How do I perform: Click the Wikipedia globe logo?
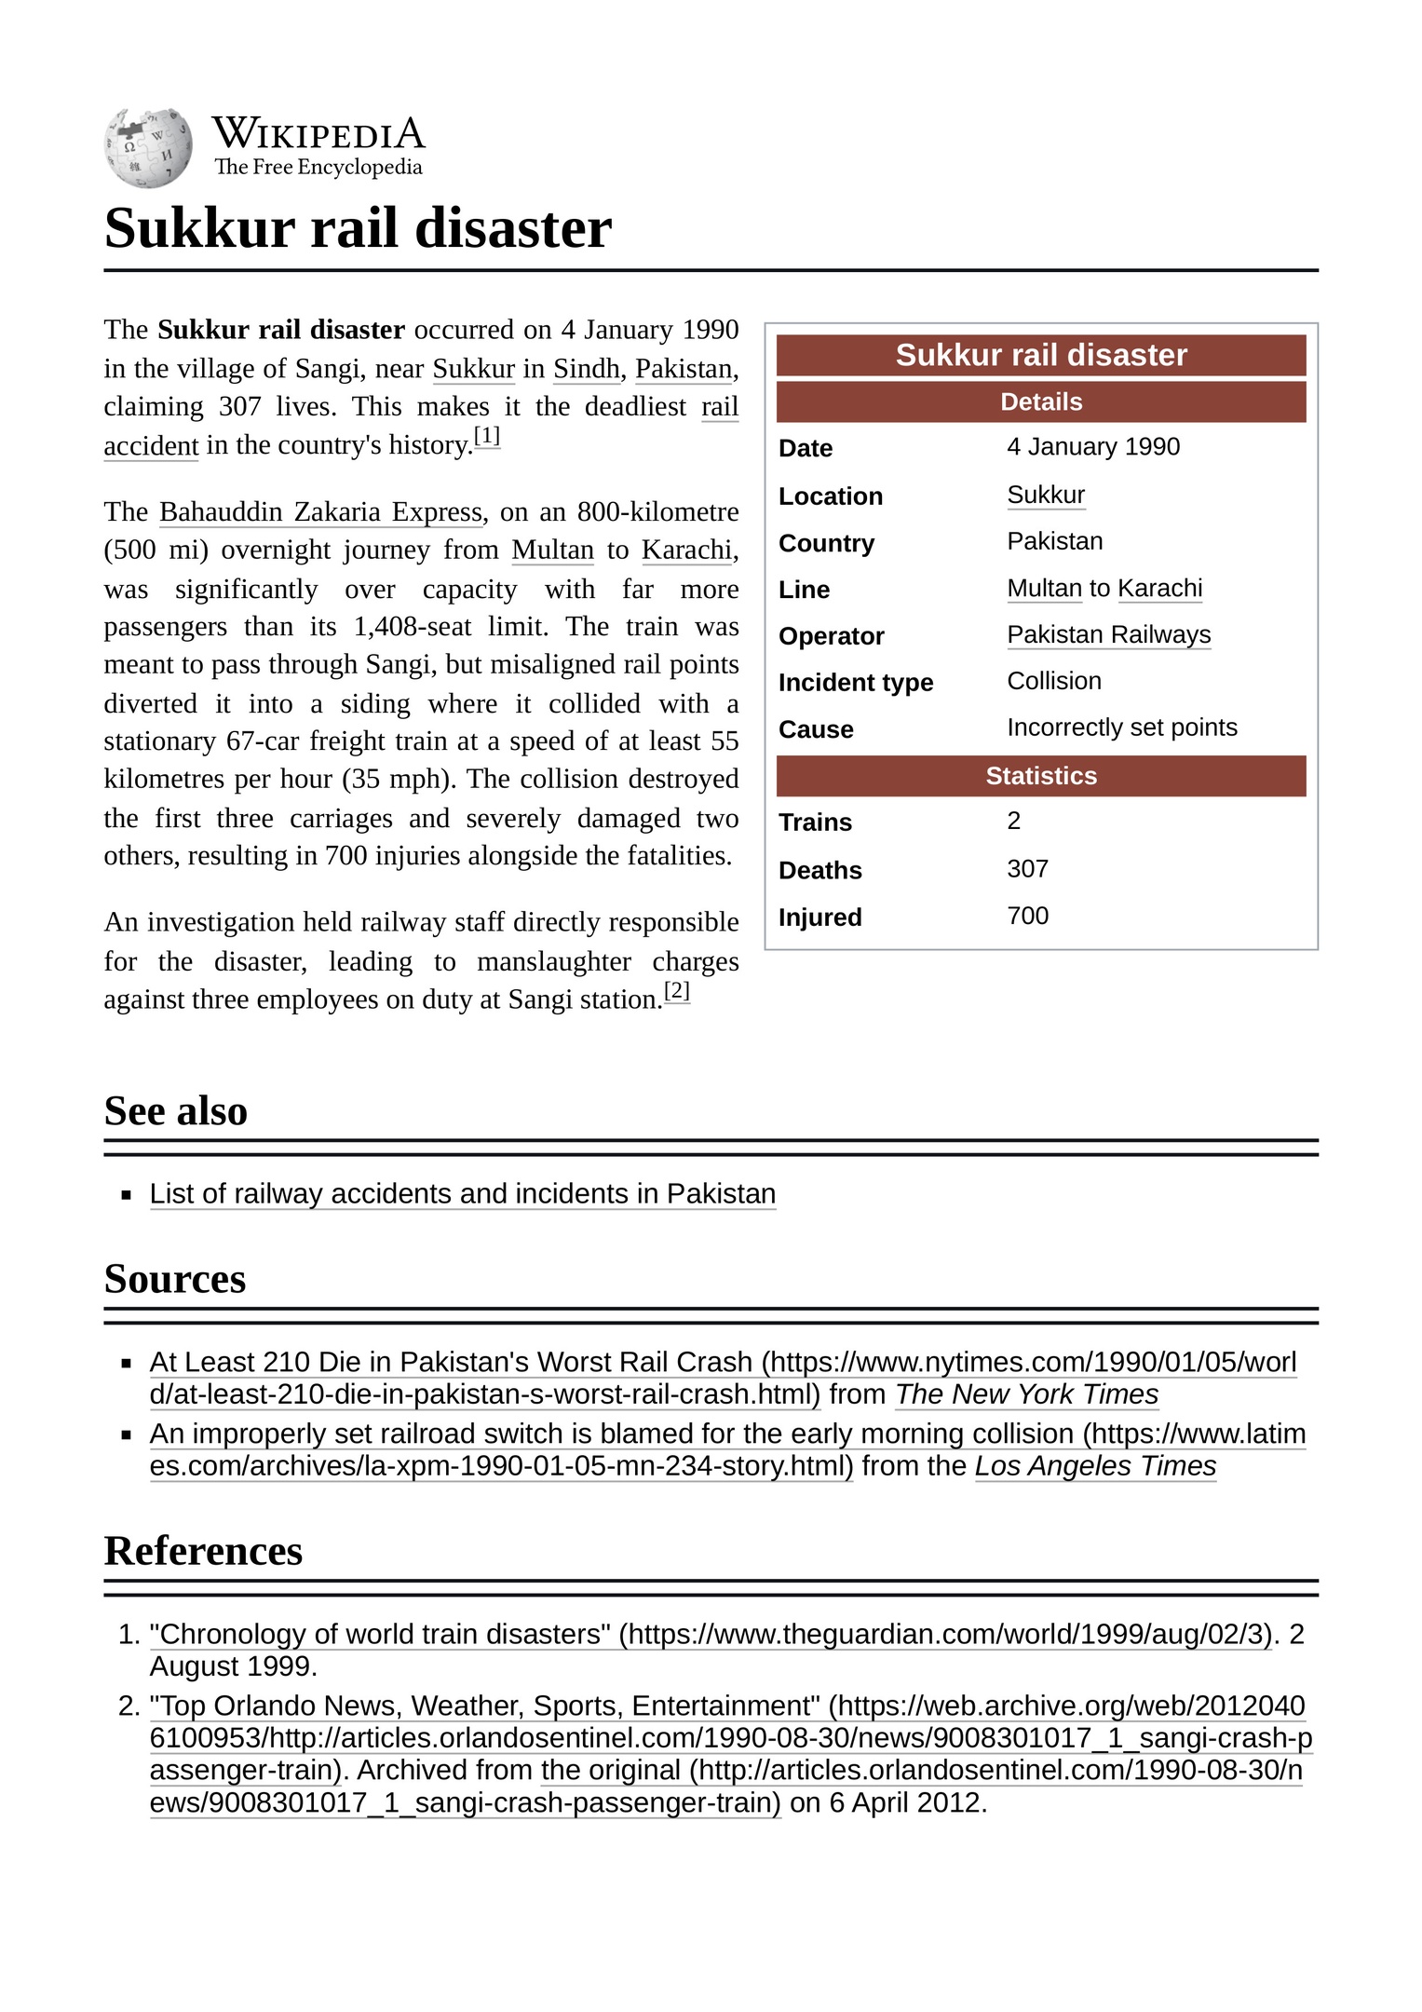(x=148, y=147)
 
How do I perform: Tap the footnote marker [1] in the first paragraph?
(x=487, y=436)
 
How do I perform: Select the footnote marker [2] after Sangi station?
(x=677, y=990)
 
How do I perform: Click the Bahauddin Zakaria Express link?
(x=321, y=512)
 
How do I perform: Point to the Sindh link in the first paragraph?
(x=587, y=369)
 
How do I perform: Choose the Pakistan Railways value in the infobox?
(x=1108, y=635)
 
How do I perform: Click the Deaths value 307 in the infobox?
(x=1027, y=869)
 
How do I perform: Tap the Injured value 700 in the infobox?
(x=1027, y=916)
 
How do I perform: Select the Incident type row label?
(x=855, y=683)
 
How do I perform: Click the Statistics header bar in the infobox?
(x=1040, y=776)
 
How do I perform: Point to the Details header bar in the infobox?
(x=1040, y=402)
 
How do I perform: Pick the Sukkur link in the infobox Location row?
(x=1046, y=496)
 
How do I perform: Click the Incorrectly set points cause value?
(x=1121, y=727)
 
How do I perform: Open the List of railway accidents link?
(x=462, y=1194)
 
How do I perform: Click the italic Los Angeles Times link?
(x=1095, y=1466)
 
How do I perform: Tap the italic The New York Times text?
(x=1026, y=1394)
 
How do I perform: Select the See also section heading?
(x=176, y=1111)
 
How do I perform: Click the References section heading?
(x=203, y=1551)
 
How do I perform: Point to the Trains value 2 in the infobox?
(x=1013, y=821)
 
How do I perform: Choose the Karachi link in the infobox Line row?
(x=1159, y=589)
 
